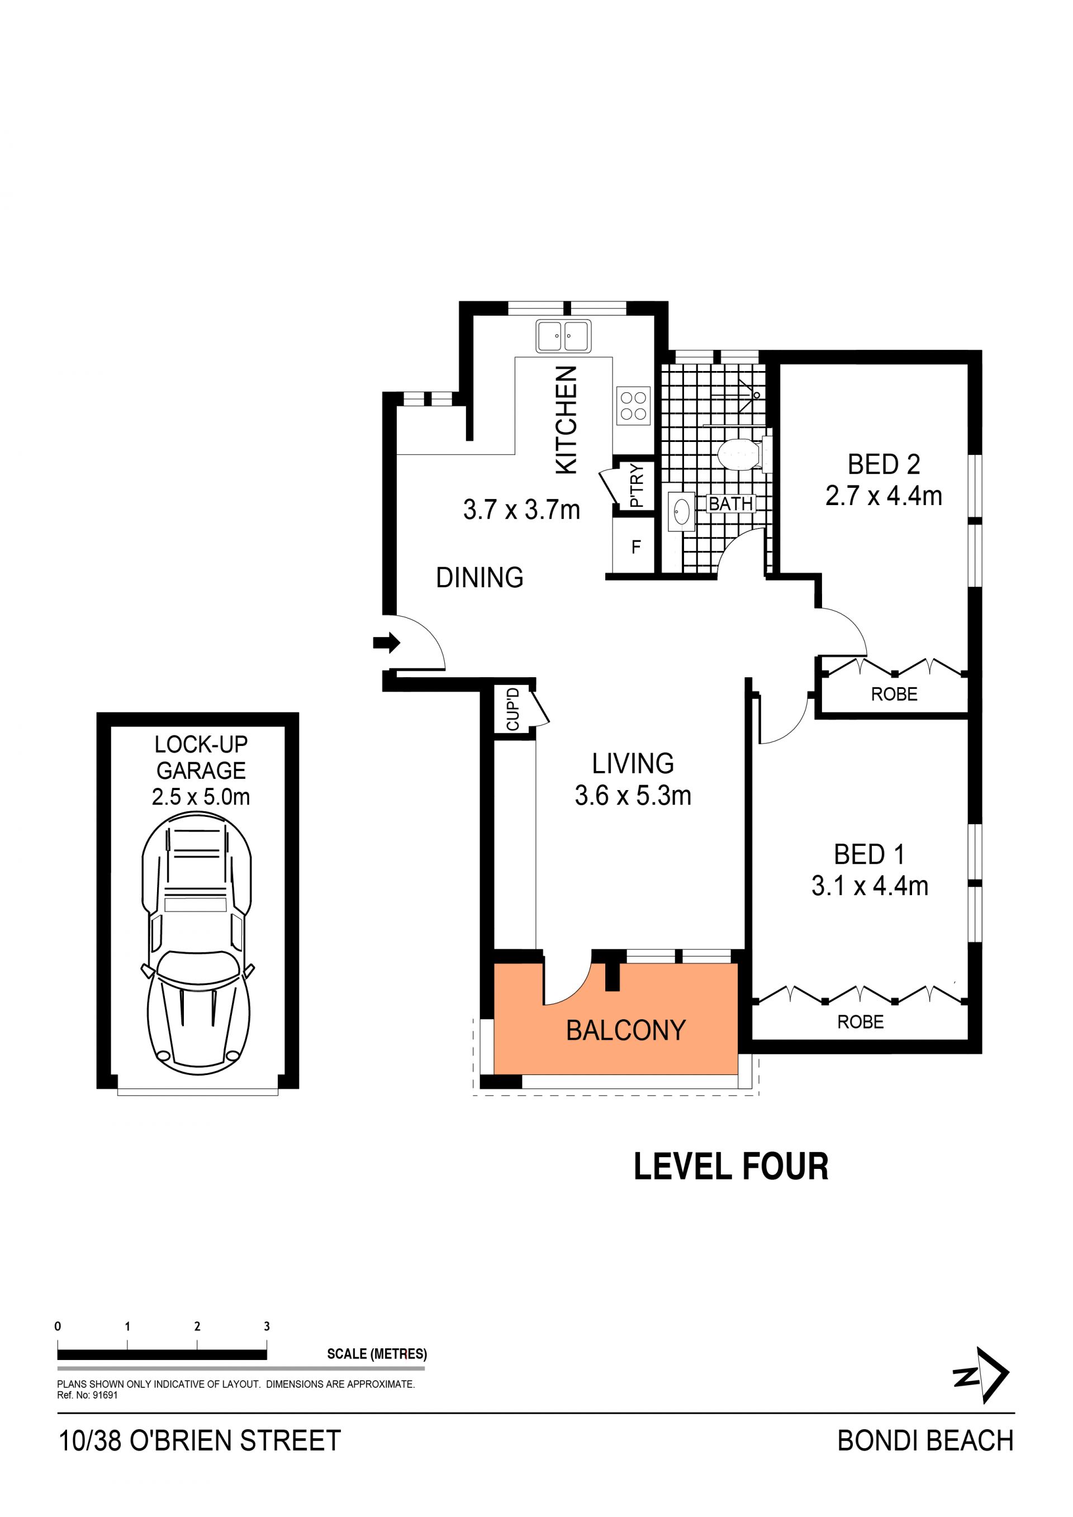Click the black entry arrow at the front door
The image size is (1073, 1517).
[387, 642]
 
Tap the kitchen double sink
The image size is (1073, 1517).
[563, 336]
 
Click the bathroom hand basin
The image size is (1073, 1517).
[681, 511]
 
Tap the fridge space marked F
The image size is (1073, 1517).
[637, 546]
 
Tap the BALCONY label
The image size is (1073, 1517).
[626, 1030]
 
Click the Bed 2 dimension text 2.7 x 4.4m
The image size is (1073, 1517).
[884, 496]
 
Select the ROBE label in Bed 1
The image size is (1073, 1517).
[860, 1022]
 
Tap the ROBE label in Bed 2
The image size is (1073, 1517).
[894, 695]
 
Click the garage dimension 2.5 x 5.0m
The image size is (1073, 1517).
[201, 797]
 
